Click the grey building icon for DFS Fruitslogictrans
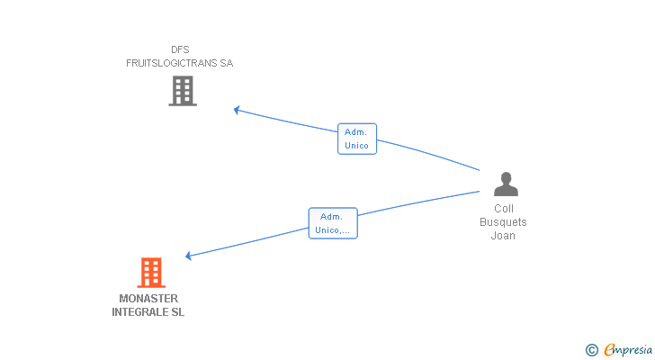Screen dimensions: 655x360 point(183,91)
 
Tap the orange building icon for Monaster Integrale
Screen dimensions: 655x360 point(151,273)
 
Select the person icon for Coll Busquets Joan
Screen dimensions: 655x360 point(506,184)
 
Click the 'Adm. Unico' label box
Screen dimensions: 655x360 point(357,139)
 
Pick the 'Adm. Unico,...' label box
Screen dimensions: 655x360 point(333,223)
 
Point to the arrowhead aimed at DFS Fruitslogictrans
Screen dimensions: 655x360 point(237,110)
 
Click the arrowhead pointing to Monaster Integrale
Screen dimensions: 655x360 point(188,256)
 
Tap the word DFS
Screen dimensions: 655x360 point(180,49)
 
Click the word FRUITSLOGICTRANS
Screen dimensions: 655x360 point(172,63)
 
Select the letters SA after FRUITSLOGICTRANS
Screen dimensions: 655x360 point(227,63)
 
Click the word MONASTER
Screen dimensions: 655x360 point(148,299)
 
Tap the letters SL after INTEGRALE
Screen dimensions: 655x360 point(177,312)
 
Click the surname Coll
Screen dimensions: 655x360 point(503,209)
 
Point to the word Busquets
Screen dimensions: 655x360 point(503,221)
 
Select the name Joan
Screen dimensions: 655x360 point(503,236)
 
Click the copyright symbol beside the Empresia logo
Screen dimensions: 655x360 point(591,350)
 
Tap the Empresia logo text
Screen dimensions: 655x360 point(628,349)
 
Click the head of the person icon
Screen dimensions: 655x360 point(506,177)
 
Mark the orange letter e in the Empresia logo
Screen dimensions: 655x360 point(609,349)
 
